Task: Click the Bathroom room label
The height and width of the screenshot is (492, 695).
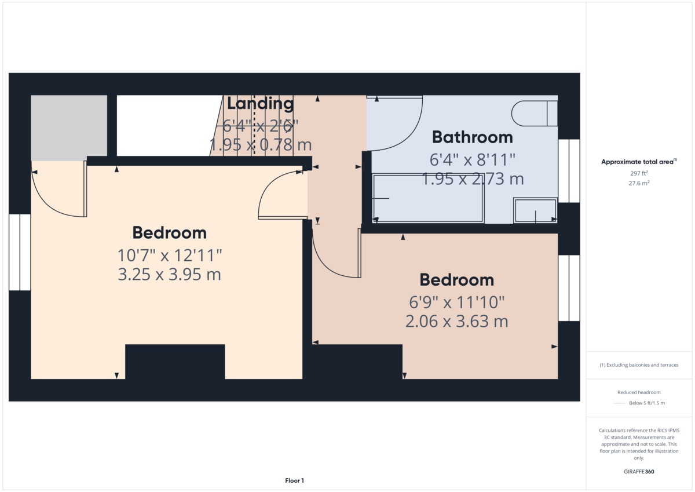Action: [x=472, y=137]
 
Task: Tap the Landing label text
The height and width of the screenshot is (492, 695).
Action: [x=260, y=104]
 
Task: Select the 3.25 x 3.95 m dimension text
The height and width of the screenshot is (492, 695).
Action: [x=169, y=275]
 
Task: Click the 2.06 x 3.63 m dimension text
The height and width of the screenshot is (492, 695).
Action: [x=457, y=321]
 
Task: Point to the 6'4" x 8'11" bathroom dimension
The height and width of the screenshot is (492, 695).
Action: [x=472, y=160]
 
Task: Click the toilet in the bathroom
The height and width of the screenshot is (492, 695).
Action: [x=534, y=114]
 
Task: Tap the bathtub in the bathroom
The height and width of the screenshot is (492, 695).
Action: [x=428, y=198]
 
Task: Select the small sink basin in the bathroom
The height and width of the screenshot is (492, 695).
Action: [x=535, y=210]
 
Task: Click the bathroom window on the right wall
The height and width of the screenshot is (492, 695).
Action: [x=569, y=171]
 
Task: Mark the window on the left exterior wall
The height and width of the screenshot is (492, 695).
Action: [x=20, y=252]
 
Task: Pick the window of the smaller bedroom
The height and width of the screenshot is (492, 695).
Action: [x=569, y=288]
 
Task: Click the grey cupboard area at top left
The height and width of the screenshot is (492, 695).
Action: [x=69, y=127]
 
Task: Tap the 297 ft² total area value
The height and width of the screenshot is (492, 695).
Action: [x=639, y=173]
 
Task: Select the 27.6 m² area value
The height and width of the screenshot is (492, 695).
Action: [x=639, y=183]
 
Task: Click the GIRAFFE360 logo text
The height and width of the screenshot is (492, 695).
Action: [x=639, y=472]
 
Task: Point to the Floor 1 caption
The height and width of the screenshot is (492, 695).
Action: [x=294, y=480]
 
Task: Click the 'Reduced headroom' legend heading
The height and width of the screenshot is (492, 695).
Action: [x=639, y=392]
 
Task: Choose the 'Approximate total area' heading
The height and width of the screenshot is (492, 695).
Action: [x=639, y=162]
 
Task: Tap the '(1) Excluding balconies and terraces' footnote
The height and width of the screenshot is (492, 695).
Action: [x=639, y=365]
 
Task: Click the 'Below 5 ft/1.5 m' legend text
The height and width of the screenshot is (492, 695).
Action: [x=647, y=403]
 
